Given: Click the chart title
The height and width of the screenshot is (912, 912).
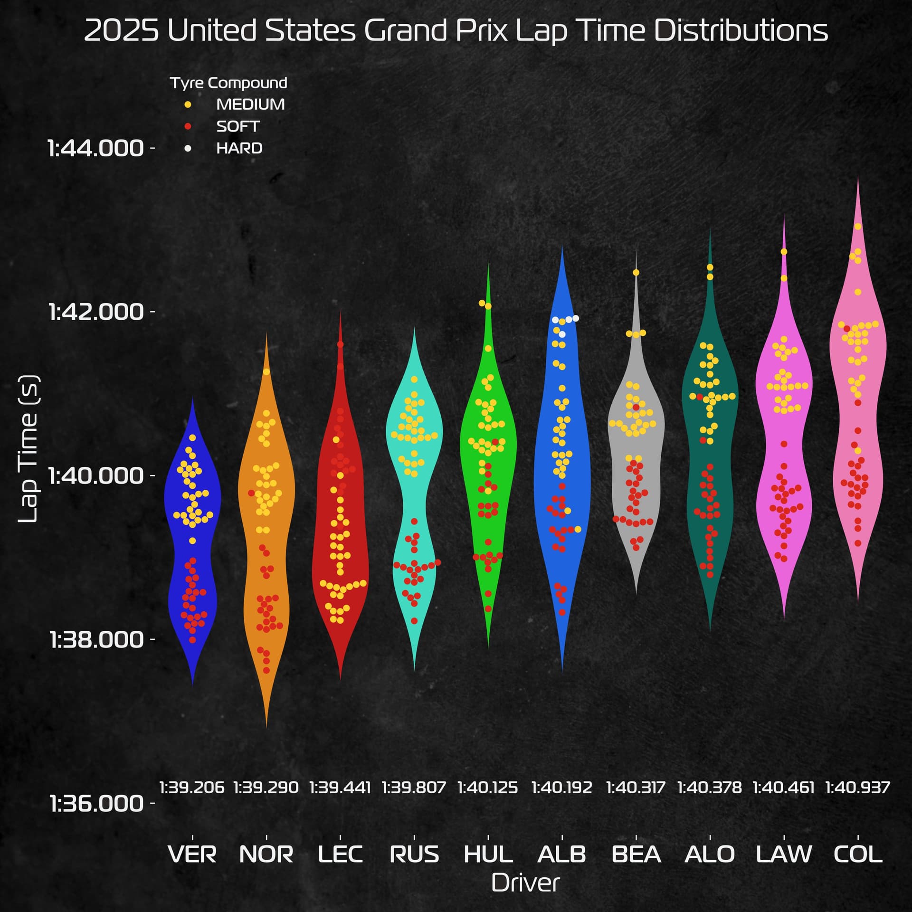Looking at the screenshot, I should coord(456,31).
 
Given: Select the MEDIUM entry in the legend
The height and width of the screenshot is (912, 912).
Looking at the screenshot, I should coord(250,104).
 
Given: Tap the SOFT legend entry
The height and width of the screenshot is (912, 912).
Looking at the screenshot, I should coord(238,126).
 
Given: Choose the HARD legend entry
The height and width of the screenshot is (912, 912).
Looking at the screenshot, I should coord(239,148).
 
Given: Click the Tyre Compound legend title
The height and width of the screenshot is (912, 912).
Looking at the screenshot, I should coord(228,83).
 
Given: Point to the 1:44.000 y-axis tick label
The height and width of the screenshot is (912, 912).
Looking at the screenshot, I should coord(96,148).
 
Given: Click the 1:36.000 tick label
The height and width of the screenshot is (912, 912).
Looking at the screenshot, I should coord(96,804).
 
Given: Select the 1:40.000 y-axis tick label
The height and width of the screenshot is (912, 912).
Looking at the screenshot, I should coord(96,475).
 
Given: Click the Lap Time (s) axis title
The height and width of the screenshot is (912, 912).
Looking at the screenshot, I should coord(28,449).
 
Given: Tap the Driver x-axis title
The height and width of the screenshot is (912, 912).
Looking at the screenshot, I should coord(525,883).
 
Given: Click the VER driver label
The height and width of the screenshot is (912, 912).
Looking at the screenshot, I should coord(192,855).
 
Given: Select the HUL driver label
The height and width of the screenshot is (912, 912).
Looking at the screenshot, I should coord(488,855).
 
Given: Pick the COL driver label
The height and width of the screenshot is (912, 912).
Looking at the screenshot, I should coord(858,855).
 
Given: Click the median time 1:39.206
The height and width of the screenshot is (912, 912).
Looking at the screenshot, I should coord(192,788).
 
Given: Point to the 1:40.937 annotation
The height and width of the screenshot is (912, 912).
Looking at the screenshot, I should coord(858,788).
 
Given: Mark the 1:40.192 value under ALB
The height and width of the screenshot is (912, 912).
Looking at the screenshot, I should coord(562,788).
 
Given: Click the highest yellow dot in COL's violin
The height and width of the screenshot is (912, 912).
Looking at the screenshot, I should coord(858,227).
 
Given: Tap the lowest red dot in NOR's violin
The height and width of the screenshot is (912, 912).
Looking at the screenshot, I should coord(266,670).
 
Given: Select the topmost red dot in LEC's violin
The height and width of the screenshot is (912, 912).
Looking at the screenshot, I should coord(340,344).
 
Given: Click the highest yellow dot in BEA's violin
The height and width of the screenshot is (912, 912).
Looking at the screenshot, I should coord(636,273).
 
